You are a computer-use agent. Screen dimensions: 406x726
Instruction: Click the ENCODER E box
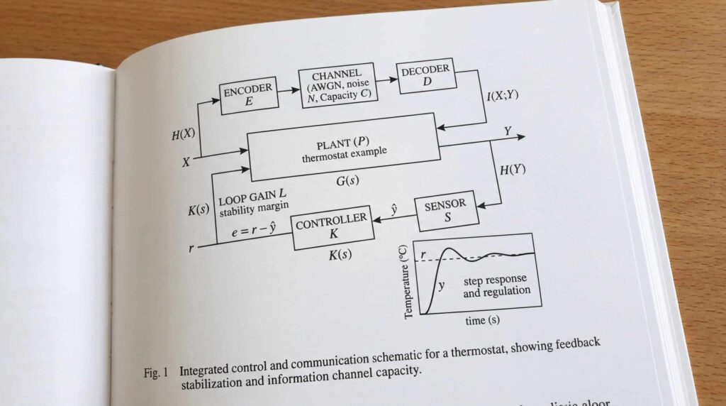coord(248,96)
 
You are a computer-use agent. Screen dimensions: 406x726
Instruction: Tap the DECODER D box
coord(425,75)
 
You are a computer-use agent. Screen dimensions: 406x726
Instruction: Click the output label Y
coord(508,131)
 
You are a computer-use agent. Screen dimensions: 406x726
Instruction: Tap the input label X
coord(186,162)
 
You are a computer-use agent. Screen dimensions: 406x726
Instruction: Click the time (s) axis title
coord(482,320)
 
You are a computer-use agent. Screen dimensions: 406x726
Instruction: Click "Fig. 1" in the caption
coord(155,372)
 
